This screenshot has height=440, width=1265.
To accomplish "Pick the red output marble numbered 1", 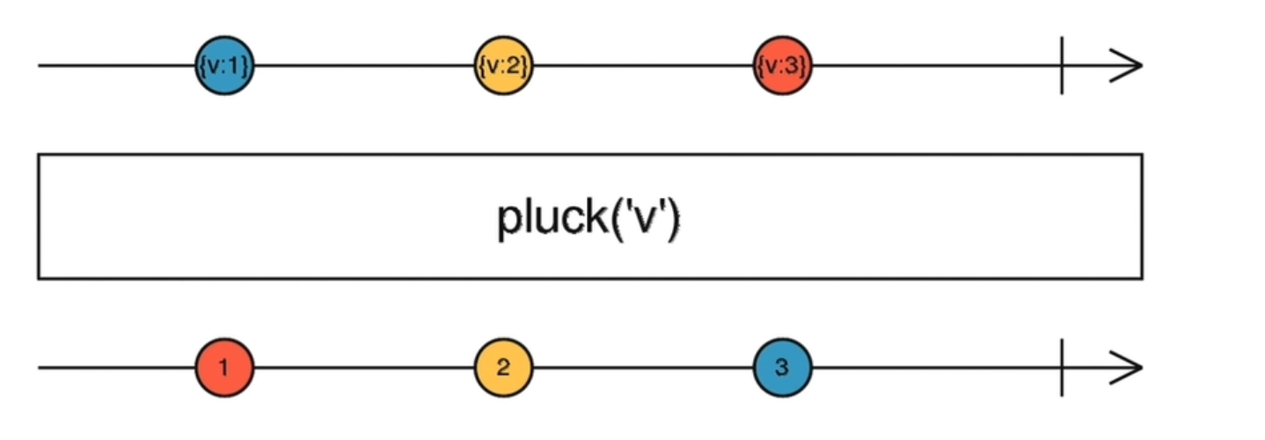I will click(224, 368).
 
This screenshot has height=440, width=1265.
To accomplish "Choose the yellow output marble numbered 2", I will click(503, 368).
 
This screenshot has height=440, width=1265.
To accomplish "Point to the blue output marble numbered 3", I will click(782, 368).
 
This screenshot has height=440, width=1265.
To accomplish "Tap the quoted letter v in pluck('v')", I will click(649, 220).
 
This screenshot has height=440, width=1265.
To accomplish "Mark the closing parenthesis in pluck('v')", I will click(675, 218).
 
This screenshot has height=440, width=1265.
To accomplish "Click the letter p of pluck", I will click(508, 222).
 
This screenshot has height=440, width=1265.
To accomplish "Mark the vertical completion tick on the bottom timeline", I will click(1062, 368).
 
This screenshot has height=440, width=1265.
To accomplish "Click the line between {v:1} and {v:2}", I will click(363, 66).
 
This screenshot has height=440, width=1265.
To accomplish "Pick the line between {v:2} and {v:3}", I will click(642, 66).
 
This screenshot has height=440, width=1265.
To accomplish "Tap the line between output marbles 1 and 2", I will click(363, 368).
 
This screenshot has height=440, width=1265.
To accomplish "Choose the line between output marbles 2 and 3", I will click(642, 368).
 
